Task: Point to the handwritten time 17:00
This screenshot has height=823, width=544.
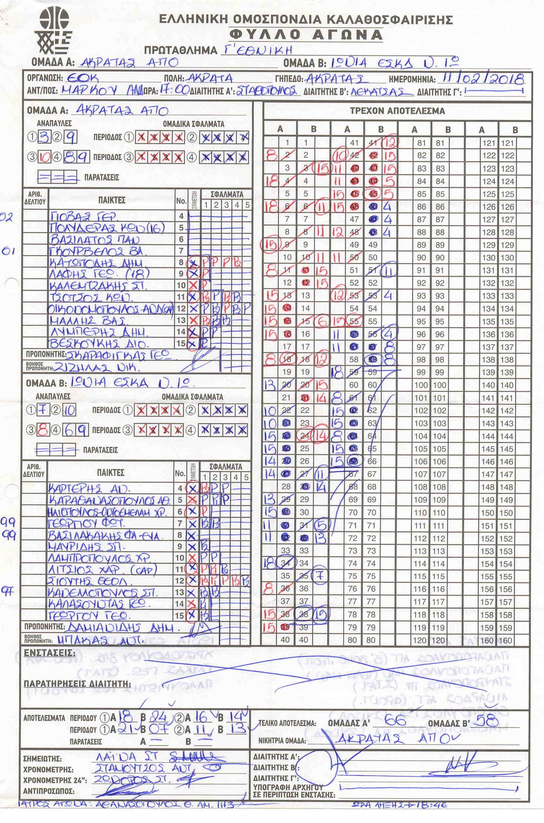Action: coord(174,91)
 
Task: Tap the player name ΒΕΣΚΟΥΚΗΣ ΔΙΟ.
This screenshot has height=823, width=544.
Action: coord(99,344)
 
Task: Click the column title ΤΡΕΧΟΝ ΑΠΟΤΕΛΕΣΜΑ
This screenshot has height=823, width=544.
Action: coord(397,111)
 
